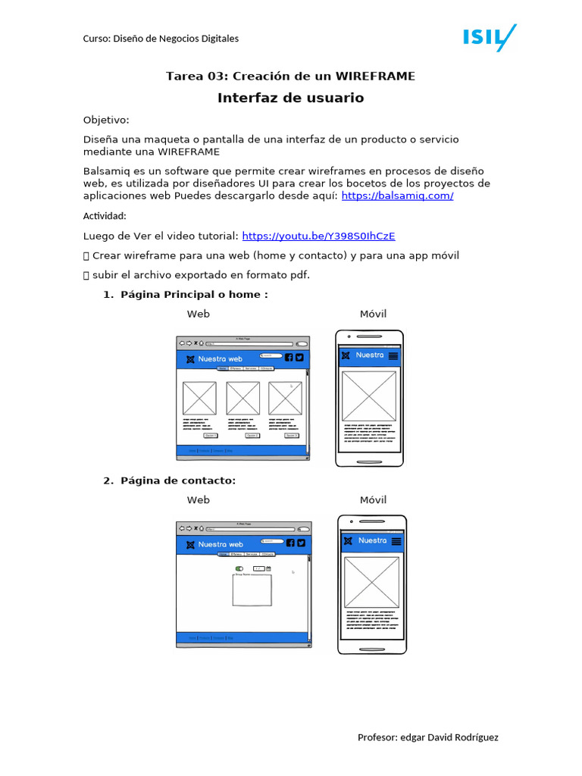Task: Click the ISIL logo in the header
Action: coord(489,37)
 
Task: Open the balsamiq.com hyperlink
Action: coord(397,196)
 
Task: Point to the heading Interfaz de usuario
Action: coord(290,98)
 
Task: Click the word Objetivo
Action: coord(106,120)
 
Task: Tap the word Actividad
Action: coord(105,216)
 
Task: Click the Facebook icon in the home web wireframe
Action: coord(289,358)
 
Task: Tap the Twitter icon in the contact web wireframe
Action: coord(300,543)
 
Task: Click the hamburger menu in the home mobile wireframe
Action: coord(393,355)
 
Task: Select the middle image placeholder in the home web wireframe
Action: coord(242,398)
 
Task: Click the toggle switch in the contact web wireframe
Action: coord(239,568)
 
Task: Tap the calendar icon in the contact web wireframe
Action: coord(268,568)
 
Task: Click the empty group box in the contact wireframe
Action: coord(252,590)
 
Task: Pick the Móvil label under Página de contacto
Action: coord(373,499)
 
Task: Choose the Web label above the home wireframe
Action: coord(199,314)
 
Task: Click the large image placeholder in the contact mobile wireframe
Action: coord(371,582)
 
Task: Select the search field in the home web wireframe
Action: coord(271,355)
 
